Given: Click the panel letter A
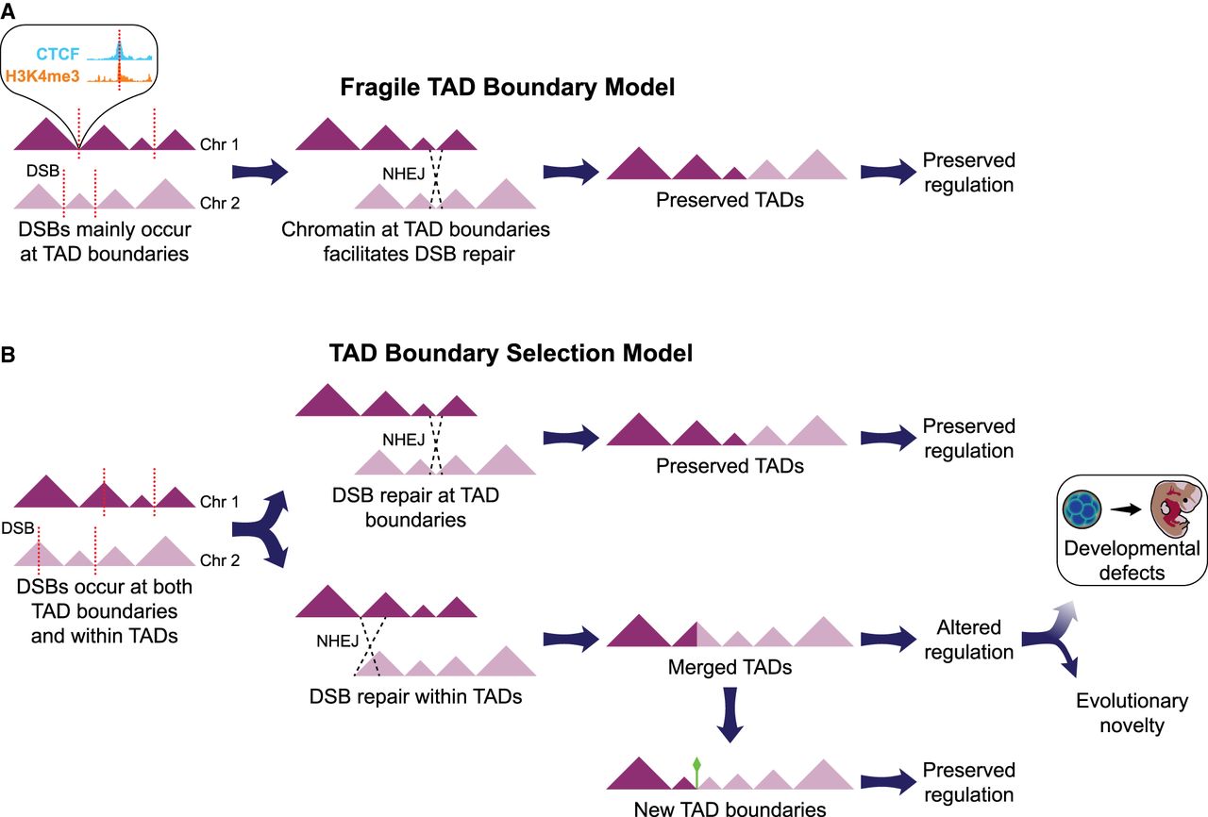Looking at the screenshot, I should click(x=8, y=10).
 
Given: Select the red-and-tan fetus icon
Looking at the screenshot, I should click(x=1173, y=509).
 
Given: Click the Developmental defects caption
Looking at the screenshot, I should click(x=1131, y=560).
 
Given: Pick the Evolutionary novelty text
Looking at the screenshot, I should click(x=1132, y=713).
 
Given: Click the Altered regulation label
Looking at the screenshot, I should click(x=968, y=640).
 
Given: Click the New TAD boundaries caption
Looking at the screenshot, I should click(x=730, y=808).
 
